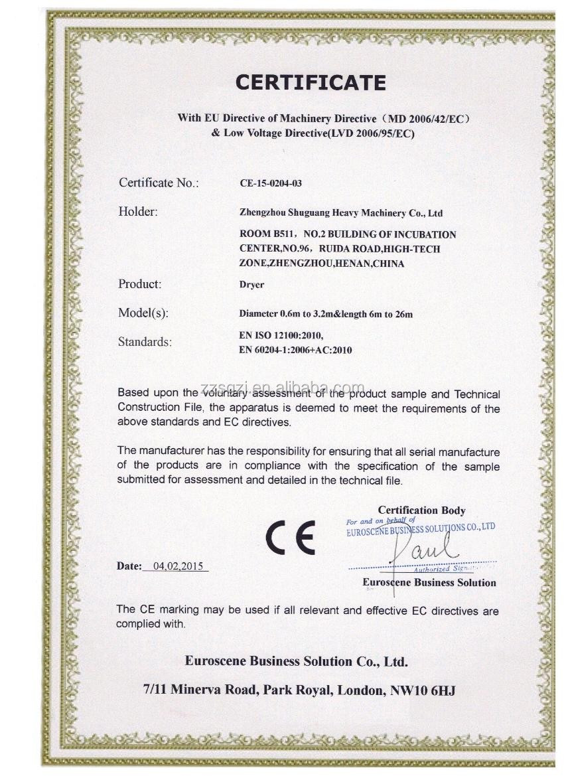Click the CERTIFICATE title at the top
[x=311, y=82]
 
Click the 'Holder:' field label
[x=138, y=212]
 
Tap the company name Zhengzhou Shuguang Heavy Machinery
[x=340, y=213]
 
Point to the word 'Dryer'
[x=251, y=285]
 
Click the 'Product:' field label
[x=140, y=284]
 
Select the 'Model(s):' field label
[x=143, y=313]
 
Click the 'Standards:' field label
[x=145, y=342]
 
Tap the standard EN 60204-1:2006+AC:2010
[x=295, y=350]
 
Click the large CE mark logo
[x=291, y=537]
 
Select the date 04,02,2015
[x=178, y=566]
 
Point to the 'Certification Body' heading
[x=421, y=510]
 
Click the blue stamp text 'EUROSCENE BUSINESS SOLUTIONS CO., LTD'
[x=421, y=529]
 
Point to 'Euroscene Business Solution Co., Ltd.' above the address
[x=297, y=661]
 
